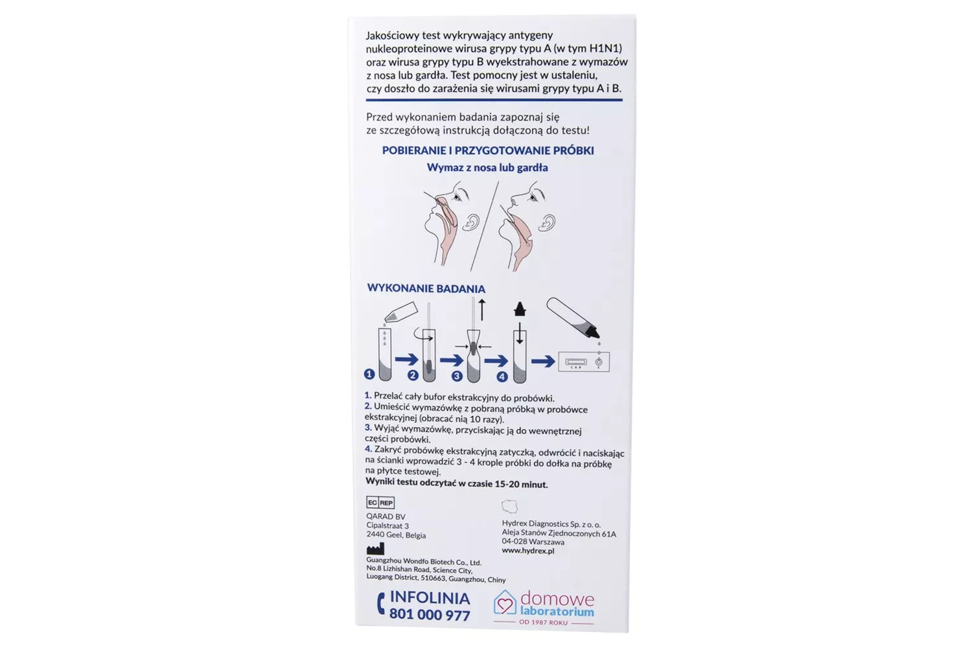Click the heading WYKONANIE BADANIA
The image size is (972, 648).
point(426,288)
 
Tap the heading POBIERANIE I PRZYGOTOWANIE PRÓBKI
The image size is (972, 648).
point(488,150)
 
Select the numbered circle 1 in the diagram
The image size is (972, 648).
point(369,374)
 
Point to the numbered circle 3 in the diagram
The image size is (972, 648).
point(457,376)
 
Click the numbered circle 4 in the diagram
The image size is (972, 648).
point(502,376)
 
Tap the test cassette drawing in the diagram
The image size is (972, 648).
point(584,362)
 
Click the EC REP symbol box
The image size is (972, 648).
point(380,503)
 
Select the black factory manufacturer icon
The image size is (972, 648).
point(375,549)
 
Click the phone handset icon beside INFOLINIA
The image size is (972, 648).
point(380,604)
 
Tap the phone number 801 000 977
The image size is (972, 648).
point(430,614)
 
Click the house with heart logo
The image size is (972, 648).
point(505,603)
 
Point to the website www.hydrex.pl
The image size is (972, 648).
point(528,551)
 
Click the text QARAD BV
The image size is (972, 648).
point(386,516)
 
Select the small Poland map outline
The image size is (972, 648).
point(510,507)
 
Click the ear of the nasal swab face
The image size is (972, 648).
point(470,222)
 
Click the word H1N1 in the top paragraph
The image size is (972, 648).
point(603,48)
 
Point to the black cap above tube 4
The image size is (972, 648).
point(520,309)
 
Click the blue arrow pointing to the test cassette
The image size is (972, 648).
point(543,361)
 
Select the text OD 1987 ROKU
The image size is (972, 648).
point(543,622)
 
